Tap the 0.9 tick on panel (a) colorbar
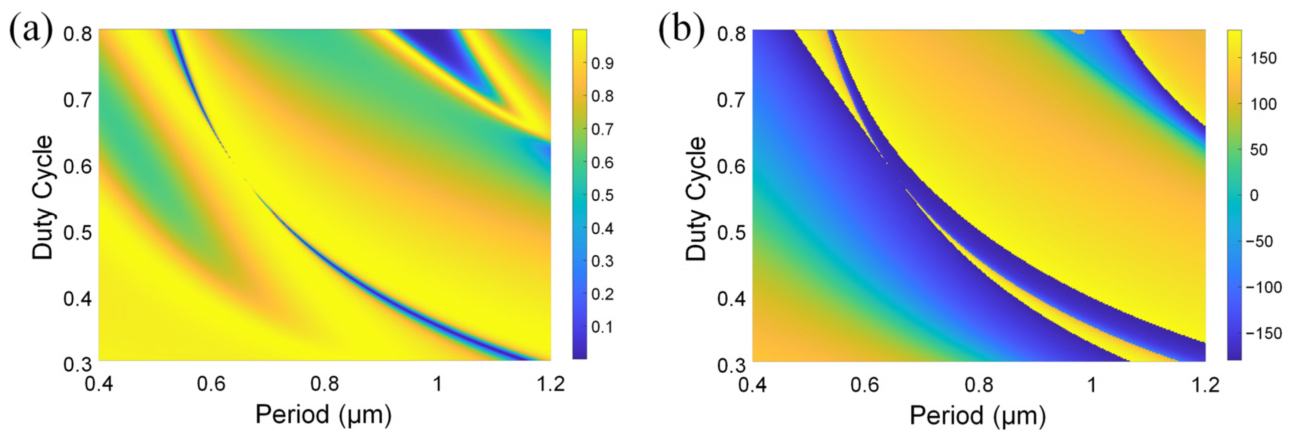(602, 63)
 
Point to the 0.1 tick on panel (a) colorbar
(602, 327)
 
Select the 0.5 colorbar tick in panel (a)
(602, 195)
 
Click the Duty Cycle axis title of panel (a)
(43, 197)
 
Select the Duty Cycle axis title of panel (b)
(696, 198)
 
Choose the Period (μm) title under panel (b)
(978, 416)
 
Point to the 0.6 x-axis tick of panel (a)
(211, 384)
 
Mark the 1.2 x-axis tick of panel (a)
(551, 384)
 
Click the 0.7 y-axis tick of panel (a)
(78, 100)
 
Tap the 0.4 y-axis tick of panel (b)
(731, 299)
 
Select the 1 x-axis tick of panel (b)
(1091, 385)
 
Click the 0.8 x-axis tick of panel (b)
(978, 385)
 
